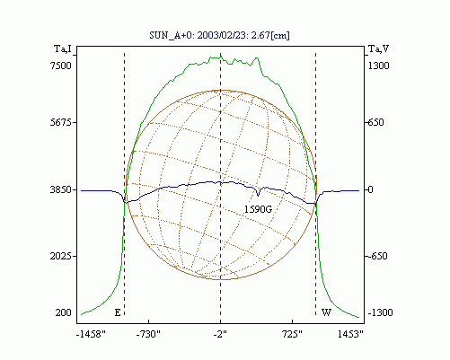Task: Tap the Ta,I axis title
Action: point(63,48)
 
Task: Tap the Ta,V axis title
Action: point(378,48)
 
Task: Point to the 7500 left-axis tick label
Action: point(61,66)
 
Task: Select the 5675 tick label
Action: point(61,122)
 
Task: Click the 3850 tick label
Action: point(61,189)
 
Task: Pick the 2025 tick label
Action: point(61,257)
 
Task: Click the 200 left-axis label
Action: point(64,312)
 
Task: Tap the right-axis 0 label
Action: point(370,189)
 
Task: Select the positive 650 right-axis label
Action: point(375,122)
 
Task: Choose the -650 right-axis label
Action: point(377,257)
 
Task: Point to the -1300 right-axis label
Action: point(380,312)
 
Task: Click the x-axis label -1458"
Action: point(91,334)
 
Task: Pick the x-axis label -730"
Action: point(148,334)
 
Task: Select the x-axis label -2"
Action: point(220,334)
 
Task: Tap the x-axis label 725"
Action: point(292,334)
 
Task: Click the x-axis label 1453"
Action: point(350,334)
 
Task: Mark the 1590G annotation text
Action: point(258,209)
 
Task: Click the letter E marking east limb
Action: point(118,312)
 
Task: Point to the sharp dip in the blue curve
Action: point(258,195)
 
